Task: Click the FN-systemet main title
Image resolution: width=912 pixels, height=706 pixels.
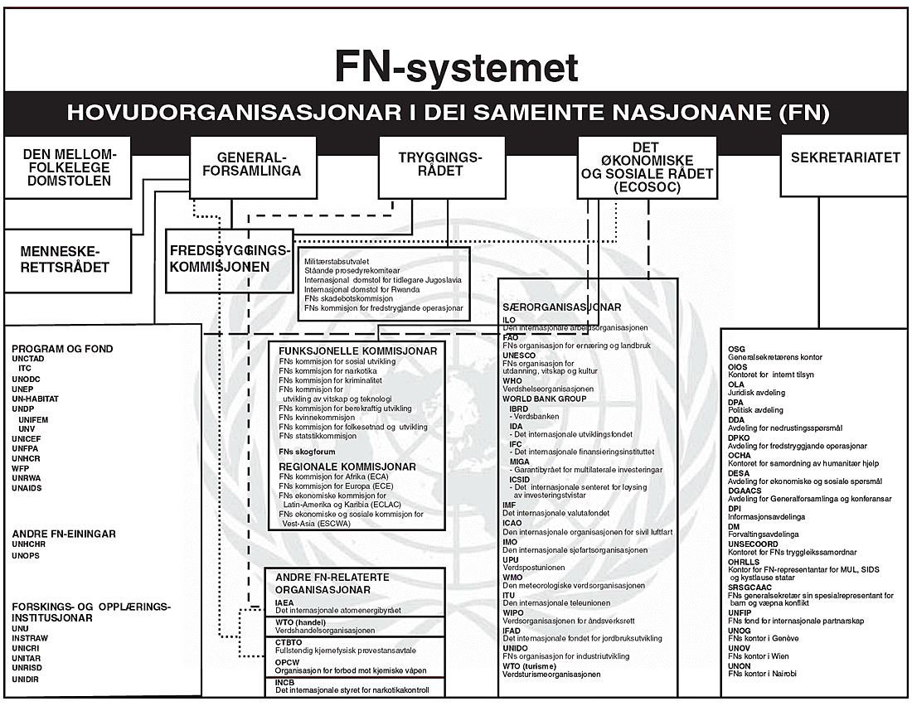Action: coord(456,66)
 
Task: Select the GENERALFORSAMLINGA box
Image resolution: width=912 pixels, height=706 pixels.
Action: coord(253,166)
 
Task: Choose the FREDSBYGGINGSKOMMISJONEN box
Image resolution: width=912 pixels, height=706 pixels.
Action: coord(230,259)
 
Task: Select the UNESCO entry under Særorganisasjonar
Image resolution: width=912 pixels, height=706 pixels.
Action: coord(520,355)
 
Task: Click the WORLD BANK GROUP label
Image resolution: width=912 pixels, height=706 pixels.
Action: coord(544,399)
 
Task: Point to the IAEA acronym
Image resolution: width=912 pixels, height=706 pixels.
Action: coord(284,602)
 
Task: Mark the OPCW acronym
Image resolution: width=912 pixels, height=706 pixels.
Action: coord(287,662)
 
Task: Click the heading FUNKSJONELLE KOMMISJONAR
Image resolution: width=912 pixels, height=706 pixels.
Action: coord(357,351)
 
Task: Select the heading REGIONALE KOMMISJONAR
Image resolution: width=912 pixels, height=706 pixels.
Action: coord(347,467)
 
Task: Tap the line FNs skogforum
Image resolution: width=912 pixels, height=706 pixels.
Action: coord(307,452)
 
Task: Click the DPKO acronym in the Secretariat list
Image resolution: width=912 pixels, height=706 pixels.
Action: coord(739,437)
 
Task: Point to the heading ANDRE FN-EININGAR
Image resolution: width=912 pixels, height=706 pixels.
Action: coord(64,534)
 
